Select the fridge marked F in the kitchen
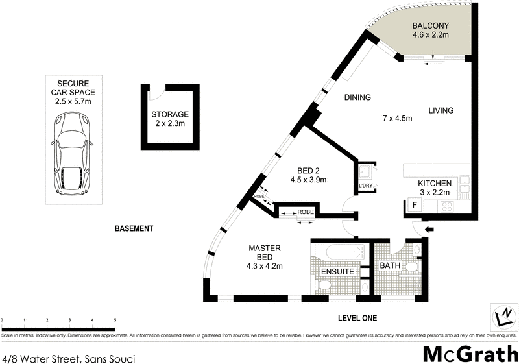(412, 206)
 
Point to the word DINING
(357, 98)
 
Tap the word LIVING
(441, 110)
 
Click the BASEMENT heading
(134, 228)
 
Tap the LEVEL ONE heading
(357, 318)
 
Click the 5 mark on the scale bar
(115, 321)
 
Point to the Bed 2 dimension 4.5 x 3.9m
(308, 180)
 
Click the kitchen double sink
(465, 186)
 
